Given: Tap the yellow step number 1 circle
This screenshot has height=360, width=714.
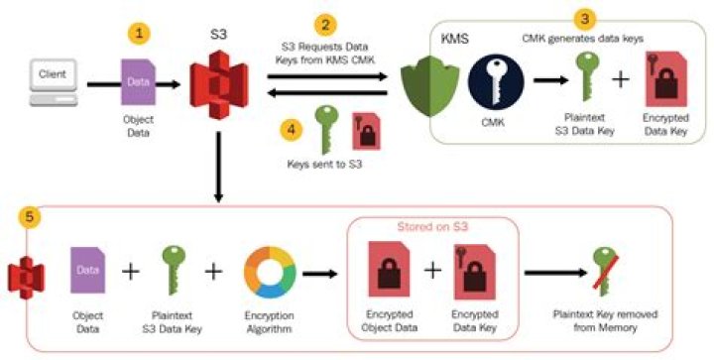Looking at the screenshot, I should coord(142,33).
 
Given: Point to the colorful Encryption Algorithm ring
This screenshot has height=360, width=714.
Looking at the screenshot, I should coord(269,271).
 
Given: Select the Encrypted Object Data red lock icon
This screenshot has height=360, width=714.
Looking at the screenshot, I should coord(386,271).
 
